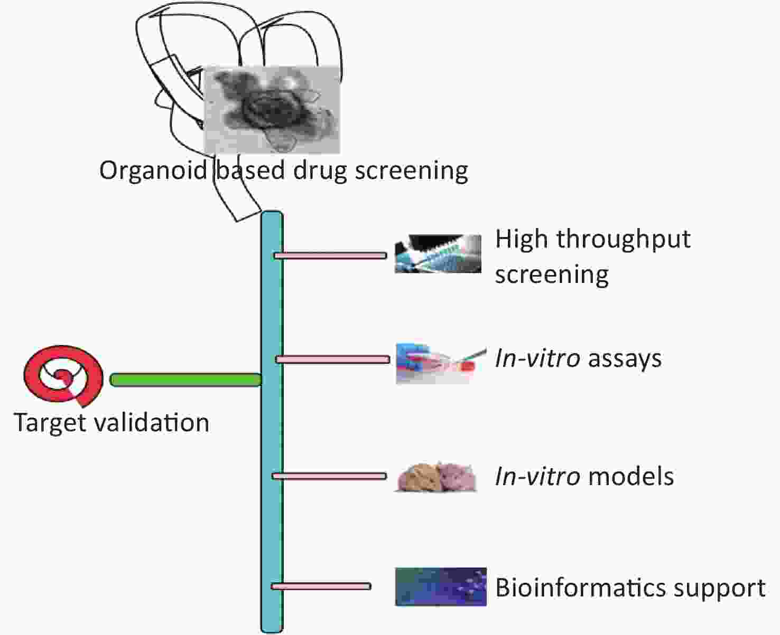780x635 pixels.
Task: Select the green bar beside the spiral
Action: coord(185,380)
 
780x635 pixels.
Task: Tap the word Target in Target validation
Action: coord(51,423)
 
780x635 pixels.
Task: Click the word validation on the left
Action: coord(152,422)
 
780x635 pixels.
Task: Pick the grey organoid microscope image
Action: coord(272,110)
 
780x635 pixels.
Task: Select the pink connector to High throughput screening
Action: coord(330,255)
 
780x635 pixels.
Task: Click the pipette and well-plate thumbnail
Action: coord(438,253)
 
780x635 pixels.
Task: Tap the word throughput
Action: coord(623,240)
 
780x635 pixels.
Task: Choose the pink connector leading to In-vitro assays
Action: coord(332,359)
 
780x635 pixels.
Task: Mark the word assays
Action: coord(625,359)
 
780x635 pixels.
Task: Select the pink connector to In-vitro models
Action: coord(329,476)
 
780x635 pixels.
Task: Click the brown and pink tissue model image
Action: coord(437,477)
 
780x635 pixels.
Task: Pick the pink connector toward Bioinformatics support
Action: coord(321,586)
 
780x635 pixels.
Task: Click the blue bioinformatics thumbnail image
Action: coord(441,587)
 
